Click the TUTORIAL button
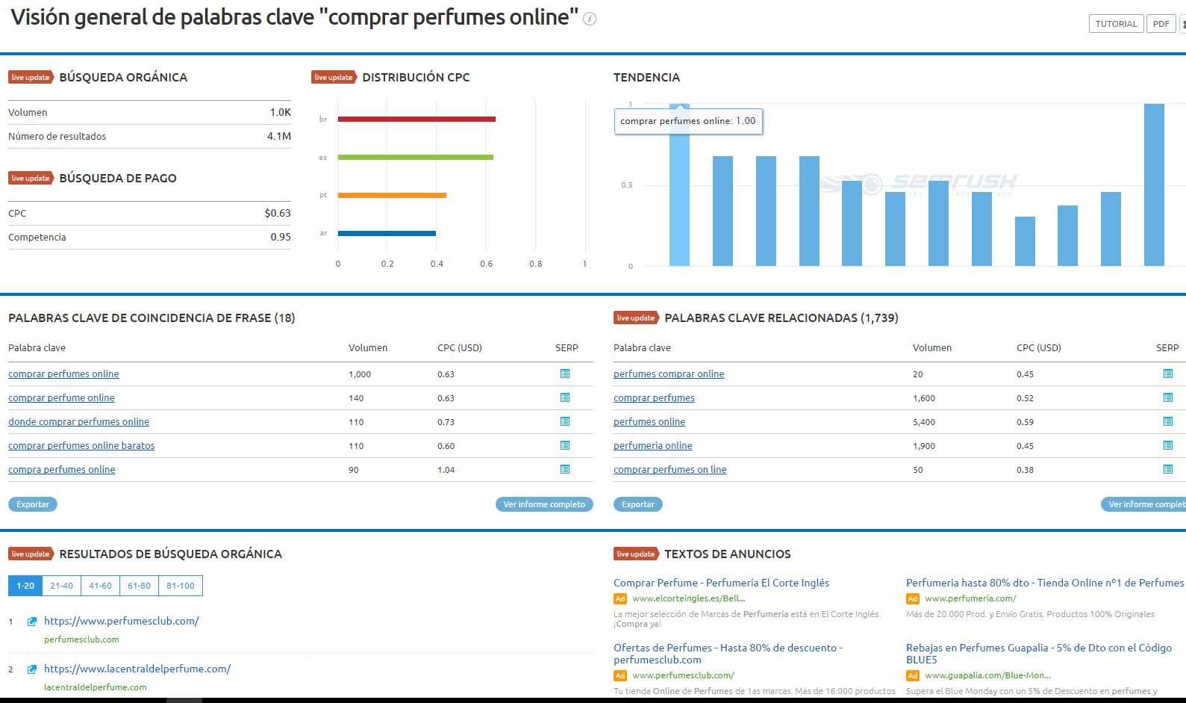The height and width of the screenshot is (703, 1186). (1116, 24)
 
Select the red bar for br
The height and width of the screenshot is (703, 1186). (416, 119)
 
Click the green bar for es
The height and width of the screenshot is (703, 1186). (415, 157)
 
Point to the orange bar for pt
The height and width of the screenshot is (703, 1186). (392, 195)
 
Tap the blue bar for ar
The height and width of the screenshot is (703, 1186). (387, 233)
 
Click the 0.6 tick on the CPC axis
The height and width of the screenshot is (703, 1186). (486, 264)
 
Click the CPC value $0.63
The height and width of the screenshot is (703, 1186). (278, 213)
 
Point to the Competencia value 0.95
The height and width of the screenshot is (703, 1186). (281, 237)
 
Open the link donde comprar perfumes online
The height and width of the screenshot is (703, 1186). (78, 421)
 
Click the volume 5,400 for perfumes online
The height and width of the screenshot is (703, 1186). (924, 422)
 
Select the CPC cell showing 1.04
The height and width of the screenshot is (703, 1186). (446, 470)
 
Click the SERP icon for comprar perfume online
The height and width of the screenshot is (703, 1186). (565, 397)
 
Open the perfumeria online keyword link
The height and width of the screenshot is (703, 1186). (652, 445)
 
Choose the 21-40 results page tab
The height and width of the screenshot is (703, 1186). (61, 586)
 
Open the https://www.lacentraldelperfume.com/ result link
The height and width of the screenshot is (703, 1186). (137, 669)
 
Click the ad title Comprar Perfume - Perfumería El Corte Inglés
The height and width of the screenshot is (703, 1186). (721, 583)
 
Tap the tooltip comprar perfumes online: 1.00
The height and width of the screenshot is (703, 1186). (687, 121)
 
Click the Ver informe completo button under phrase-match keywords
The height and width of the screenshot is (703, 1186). (544, 504)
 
